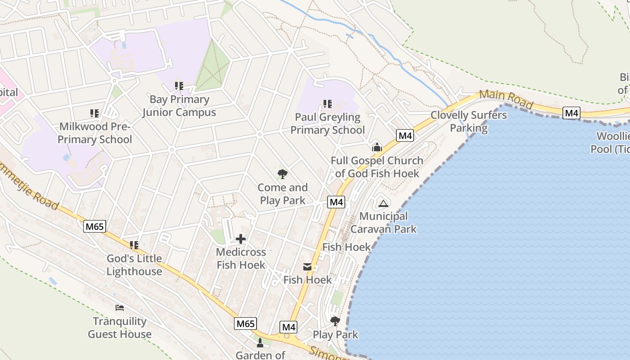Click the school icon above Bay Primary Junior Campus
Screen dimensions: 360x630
(179, 85)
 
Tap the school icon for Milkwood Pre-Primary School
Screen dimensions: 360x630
(94, 113)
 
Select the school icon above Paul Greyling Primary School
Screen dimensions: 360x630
(328, 104)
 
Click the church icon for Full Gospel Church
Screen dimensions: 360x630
(377, 147)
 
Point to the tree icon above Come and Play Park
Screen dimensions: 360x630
(283, 174)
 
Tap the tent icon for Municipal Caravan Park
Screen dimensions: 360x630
(383, 203)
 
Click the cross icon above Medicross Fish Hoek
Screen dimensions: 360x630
(241, 238)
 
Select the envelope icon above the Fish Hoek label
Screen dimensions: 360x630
(307, 267)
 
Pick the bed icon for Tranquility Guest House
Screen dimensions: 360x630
(120, 308)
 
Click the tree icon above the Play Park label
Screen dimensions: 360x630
(335, 321)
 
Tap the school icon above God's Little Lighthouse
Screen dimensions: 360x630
(134, 245)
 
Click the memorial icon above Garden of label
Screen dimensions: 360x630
(260, 343)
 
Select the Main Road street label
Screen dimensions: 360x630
(506, 99)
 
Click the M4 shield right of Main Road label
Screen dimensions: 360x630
(571, 113)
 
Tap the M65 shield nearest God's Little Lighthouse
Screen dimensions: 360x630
(95, 226)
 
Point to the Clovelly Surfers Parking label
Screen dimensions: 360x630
(468, 121)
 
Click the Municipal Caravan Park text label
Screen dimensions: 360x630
(383, 222)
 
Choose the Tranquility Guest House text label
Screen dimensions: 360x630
(120, 328)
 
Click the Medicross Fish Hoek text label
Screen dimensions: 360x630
(241, 258)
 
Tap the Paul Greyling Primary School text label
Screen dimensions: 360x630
(327, 124)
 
